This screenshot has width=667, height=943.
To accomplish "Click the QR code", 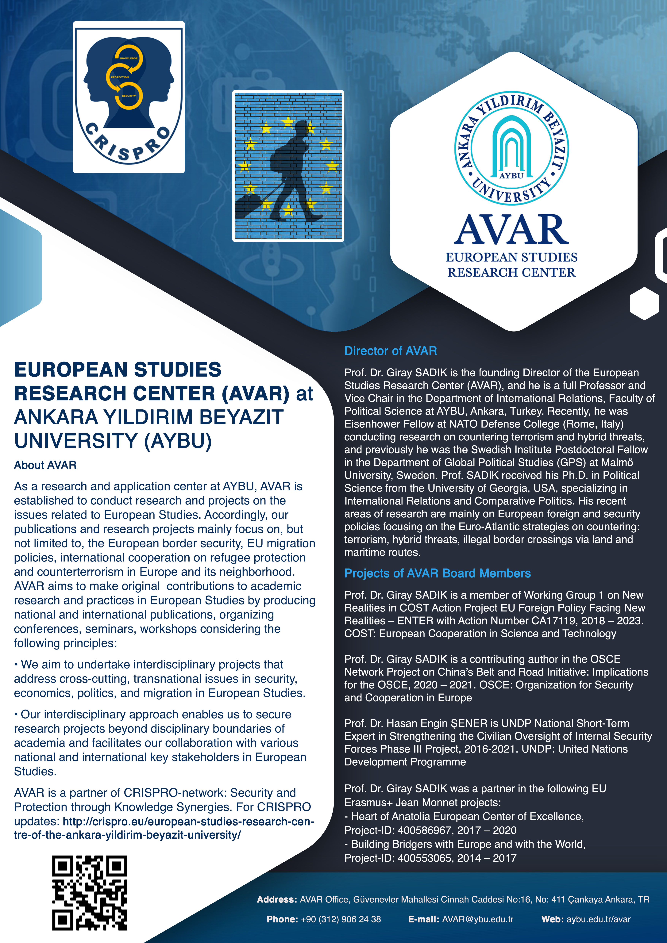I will coord(90,892).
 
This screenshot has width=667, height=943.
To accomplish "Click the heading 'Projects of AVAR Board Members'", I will coord(438,573).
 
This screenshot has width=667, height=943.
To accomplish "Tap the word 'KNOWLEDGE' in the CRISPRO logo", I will coord(129,58).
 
